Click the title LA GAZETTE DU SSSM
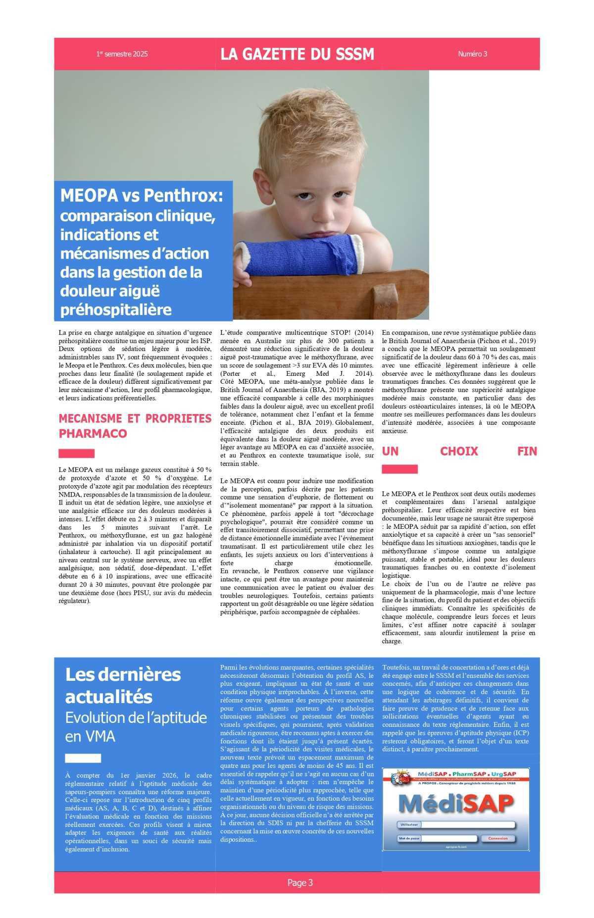tap(297, 54)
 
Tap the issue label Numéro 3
tap(472, 54)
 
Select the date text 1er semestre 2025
tap(122, 54)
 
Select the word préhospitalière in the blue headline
tap(116, 309)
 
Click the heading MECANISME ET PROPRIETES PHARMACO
tap(135, 425)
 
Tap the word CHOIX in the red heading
tap(459, 451)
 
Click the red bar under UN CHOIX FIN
tap(399, 469)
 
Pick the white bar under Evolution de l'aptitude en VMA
tap(83, 758)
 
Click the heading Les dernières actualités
tap(123, 685)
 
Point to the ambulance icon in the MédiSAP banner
tap(397, 778)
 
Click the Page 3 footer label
tap(300, 882)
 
